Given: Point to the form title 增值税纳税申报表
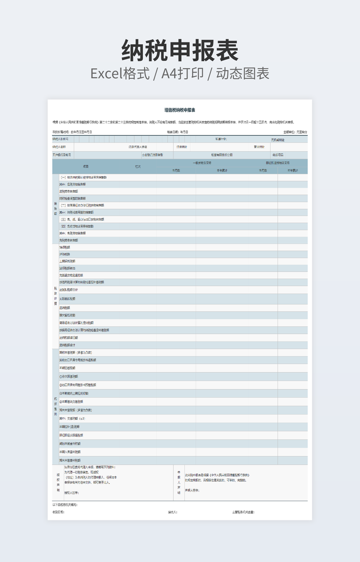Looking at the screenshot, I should coord(180,110).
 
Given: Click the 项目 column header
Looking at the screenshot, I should coord(85,167).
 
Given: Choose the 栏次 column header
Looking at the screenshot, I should coord(137,167).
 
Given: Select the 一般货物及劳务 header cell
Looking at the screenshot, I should coord(202,163).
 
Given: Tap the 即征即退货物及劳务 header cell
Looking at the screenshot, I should coord(278,163).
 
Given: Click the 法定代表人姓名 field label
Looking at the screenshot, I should coord(138,147).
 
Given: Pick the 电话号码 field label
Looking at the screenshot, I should coord(278,155).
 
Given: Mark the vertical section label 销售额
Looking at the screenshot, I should coord(55,208).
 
